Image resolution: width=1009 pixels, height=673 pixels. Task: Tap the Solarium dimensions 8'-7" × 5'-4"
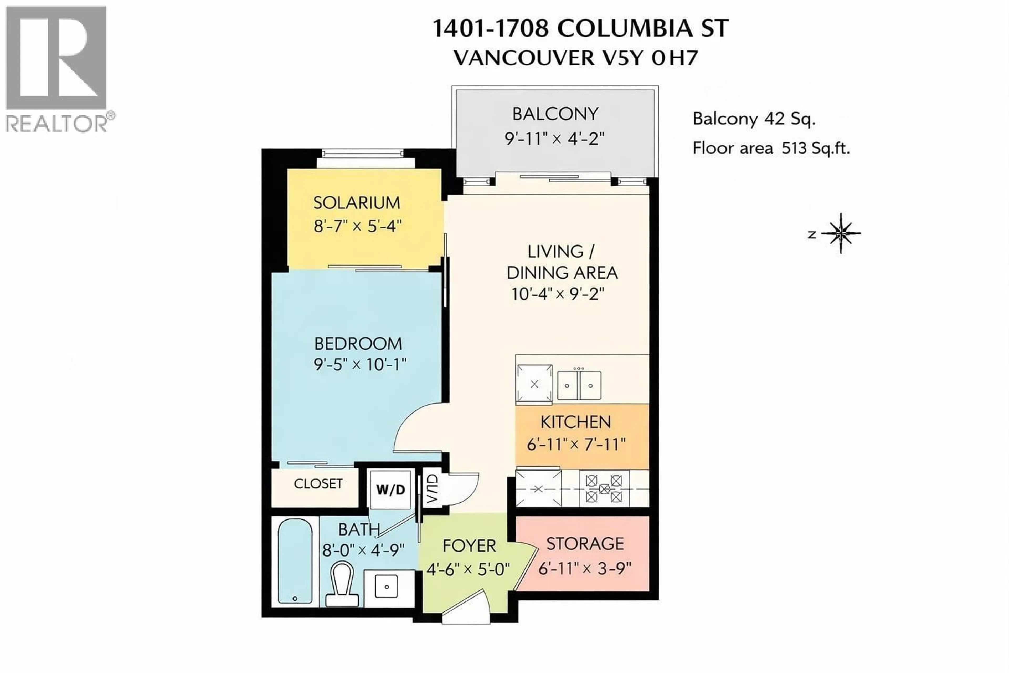357,226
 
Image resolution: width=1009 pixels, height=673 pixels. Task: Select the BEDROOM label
358,344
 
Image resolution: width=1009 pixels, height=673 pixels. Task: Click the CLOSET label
318,484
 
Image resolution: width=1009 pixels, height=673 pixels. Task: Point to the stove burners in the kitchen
604,488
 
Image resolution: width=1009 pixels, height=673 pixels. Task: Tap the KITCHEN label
575,422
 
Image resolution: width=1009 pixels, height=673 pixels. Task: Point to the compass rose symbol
840,233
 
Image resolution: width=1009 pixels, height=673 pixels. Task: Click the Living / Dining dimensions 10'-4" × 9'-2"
558,294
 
